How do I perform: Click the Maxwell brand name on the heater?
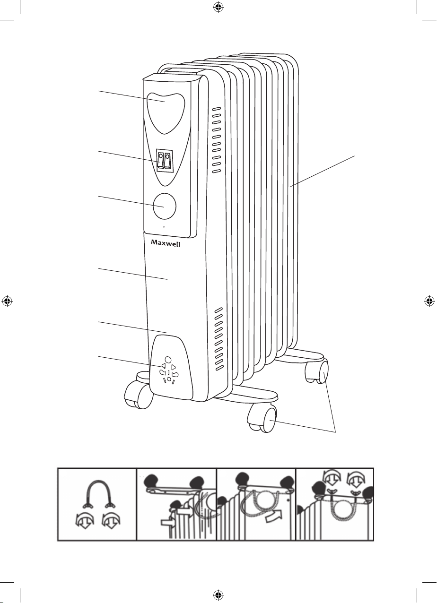tap(166, 243)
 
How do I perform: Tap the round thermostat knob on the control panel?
tap(164, 206)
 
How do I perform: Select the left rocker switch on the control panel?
tap(161, 160)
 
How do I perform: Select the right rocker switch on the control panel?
tap(167, 160)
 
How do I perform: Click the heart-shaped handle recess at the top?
tap(166, 113)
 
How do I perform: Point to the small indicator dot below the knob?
tap(164, 227)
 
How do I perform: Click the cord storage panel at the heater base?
tap(171, 368)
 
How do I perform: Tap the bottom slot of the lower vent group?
tap(220, 368)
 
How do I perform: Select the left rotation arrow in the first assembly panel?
tap(85, 521)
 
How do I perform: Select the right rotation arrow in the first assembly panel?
tap(111, 521)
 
